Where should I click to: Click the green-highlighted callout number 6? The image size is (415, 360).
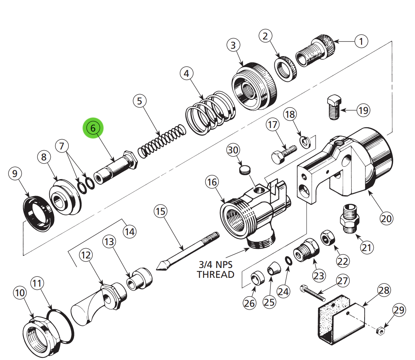(x=93, y=128)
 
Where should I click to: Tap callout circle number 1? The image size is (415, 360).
(x=361, y=42)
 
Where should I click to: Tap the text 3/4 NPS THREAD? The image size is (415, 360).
(x=215, y=269)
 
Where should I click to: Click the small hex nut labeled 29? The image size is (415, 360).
(x=380, y=331)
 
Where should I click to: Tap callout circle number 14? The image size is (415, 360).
(x=129, y=232)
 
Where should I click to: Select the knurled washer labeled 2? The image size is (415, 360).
(x=286, y=69)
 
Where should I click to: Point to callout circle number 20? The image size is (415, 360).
(x=386, y=219)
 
